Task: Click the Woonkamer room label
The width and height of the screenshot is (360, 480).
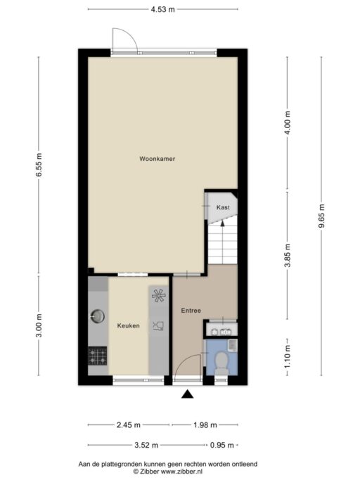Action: [157, 160]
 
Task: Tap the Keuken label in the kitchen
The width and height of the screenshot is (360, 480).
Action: [128, 326]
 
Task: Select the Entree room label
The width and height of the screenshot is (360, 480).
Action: [191, 310]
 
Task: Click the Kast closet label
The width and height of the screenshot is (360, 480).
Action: [223, 207]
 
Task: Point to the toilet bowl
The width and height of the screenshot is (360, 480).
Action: [221, 361]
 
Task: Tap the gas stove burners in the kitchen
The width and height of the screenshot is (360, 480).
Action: [97, 356]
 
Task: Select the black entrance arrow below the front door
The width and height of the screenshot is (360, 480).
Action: [187, 396]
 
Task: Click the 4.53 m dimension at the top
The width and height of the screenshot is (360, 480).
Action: [162, 9]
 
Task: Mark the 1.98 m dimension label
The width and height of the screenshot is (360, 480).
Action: [204, 425]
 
